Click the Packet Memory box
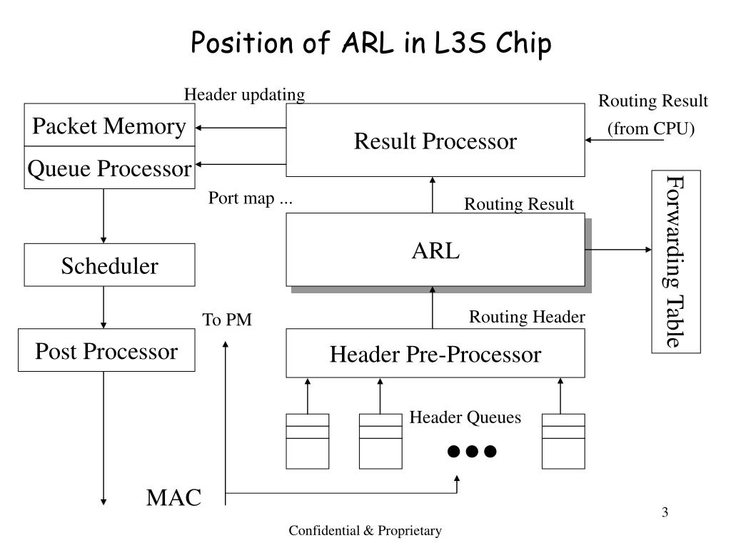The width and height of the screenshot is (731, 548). click(109, 125)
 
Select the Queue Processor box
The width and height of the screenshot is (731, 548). click(109, 167)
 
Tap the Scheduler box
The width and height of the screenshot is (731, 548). click(109, 265)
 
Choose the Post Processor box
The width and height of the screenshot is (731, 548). click(107, 350)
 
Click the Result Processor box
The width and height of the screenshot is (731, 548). click(435, 140)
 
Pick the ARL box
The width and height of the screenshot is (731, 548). click(435, 250)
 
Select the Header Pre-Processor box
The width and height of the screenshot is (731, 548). click(435, 353)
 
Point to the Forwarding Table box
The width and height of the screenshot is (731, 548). click(676, 262)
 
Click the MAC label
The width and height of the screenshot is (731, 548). click(174, 497)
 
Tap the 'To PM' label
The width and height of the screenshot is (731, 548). click(227, 320)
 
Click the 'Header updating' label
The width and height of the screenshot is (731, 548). click(245, 95)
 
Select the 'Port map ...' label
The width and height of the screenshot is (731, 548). click(251, 198)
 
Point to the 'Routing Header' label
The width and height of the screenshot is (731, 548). click(527, 317)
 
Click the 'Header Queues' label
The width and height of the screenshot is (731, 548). click(465, 417)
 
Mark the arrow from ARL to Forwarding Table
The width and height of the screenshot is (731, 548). click(618, 250)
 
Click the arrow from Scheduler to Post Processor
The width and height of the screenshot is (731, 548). click(104, 308)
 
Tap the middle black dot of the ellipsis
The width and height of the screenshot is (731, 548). click(472, 451)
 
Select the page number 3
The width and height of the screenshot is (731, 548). click(665, 512)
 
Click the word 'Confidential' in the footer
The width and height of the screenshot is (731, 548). click(324, 530)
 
